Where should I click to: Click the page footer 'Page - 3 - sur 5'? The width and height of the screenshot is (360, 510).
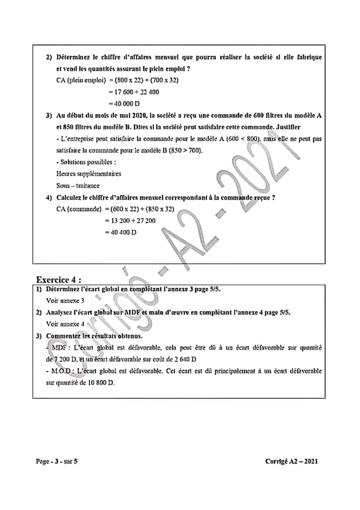tap(56, 461)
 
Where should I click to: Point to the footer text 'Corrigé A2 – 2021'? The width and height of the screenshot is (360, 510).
tap(291, 461)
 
